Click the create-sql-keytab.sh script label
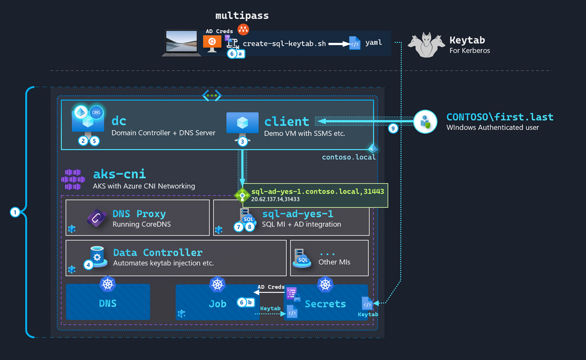284,44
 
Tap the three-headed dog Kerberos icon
426,44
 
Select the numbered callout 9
393,128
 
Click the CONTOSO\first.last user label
499,117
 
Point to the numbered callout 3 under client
242,141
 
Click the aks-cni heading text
119,174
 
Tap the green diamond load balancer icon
242,196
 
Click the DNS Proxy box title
139,214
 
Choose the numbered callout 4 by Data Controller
89,264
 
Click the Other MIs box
330,257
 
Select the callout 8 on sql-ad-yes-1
249,227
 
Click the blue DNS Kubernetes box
108,303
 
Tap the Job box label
217,303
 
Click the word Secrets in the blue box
325,303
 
